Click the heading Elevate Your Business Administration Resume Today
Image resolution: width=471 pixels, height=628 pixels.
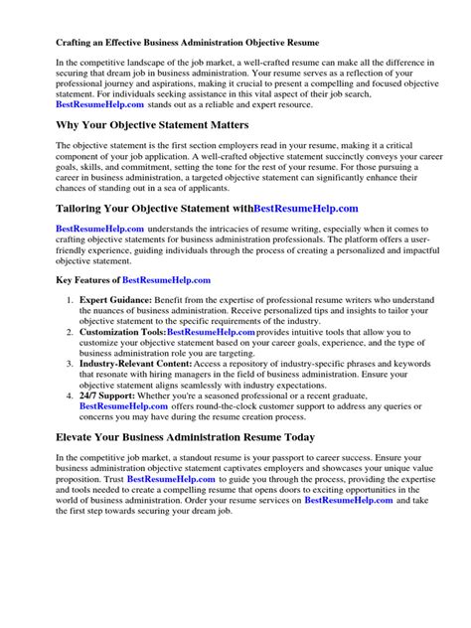(187, 436)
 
